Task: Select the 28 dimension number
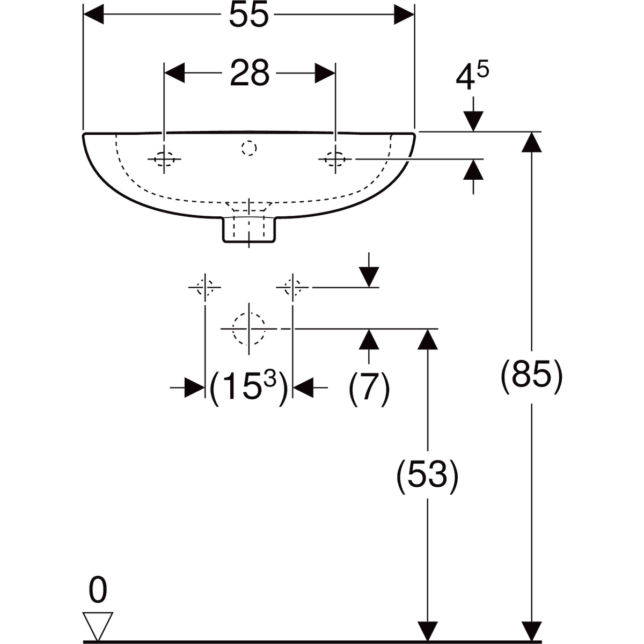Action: (x=250, y=73)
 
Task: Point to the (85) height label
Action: (x=531, y=377)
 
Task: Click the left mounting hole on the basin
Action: (x=164, y=159)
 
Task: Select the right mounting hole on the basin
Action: (x=335, y=159)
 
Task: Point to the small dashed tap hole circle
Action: (x=249, y=148)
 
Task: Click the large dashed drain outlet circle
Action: (x=249, y=329)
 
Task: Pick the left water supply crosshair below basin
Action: (x=205, y=287)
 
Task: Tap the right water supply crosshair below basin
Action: (x=293, y=287)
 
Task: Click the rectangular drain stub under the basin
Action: (x=249, y=230)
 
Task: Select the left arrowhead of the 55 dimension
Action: (x=93, y=14)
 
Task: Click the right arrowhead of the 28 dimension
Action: (x=325, y=73)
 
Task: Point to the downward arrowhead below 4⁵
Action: (x=473, y=121)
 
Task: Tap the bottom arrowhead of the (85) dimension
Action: (x=531, y=632)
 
